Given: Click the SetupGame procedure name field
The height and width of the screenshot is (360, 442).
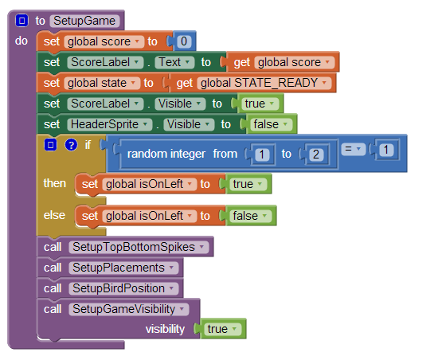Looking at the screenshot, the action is [84, 21].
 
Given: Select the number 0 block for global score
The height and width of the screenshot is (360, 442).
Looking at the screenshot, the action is [184, 41].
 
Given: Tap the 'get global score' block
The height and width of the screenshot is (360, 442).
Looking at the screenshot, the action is [283, 62].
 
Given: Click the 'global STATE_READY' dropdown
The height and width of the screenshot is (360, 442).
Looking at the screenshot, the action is [264, 83].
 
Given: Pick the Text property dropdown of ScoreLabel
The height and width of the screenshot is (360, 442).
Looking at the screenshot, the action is [174, 62].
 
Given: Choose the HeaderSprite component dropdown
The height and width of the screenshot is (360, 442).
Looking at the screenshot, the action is [110, 124].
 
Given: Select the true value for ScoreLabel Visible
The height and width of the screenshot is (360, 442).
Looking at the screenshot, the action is [260, 104].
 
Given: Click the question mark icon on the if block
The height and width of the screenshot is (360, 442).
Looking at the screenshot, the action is [71, 145].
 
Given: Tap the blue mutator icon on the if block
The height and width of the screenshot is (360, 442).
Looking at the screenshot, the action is [50, 145].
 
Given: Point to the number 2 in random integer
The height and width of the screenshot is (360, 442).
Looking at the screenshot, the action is [315, 155].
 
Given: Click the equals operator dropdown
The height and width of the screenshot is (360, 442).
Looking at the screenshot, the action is [353, 149].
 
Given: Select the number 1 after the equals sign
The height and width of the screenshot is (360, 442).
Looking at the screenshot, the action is [386, 150].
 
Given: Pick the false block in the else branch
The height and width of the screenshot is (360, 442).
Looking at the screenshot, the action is [250, 216].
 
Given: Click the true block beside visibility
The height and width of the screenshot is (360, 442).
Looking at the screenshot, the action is [222, 329].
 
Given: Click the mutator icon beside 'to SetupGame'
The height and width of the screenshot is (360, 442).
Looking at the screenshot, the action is [22, 21].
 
